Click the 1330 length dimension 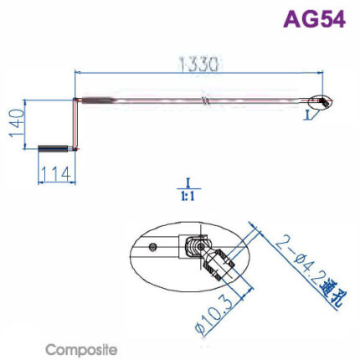coord(197,64)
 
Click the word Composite coord(81,348)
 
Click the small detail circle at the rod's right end coord(322,101)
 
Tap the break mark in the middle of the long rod coord(207,100)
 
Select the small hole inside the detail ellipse coord(152,246)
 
